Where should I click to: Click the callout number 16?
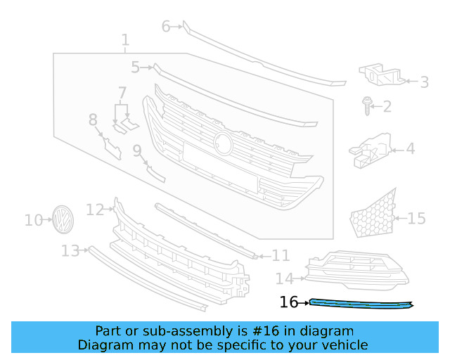coord(288,302)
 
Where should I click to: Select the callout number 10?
coord(34,221)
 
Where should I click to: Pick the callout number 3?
coord(424,82)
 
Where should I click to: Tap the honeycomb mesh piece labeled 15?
coord(373,214)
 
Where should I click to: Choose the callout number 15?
coord(416,219)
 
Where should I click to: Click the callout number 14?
coord(284,278)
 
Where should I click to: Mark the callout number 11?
coord(281,255)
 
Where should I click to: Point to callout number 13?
coord(70,251)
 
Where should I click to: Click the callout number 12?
coord(95,210)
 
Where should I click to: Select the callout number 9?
coord(136,150)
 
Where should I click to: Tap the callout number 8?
coord(93,120)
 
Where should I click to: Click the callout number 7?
coord(122,93)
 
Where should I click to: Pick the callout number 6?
coord(166,27)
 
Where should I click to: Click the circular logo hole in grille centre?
coord(224,142)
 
